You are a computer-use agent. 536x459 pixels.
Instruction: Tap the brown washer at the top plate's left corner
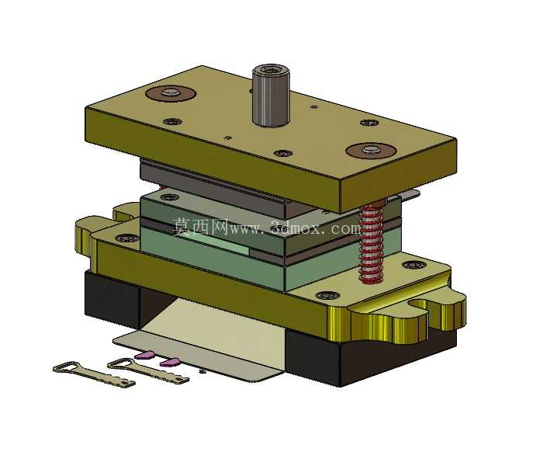pyautogui.click(x=170, y=92)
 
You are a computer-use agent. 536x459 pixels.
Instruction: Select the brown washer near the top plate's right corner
pyautogui.click(x=371, y=150)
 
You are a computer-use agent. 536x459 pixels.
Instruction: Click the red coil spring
pyautogui.click(x=372, y=243)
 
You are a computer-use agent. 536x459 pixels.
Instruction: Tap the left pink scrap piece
pyautogui.click(x=144, y=355)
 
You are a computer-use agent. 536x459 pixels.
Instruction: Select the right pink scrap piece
pyautogui.click(x=170, y=362)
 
